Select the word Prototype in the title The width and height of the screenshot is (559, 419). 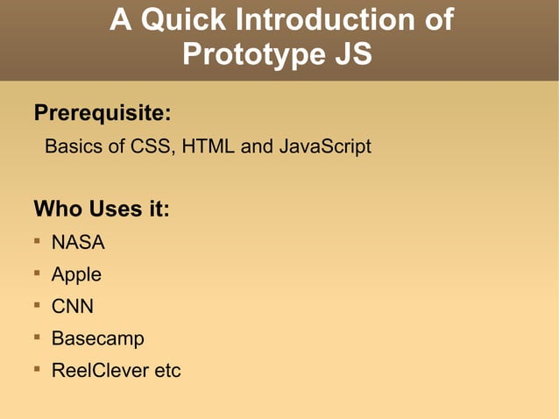[245, 54]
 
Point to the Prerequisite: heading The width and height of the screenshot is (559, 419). [102, 114]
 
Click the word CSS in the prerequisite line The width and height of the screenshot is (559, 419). [151, 146]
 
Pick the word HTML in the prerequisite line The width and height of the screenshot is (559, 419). [209, 146]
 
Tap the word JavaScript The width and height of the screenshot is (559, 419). [325, 146]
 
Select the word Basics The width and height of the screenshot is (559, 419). [73, 146]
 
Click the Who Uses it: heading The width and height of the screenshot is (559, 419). [101, 209]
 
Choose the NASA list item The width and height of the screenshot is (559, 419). [78, 243]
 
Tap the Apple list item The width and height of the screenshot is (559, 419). [76, 274]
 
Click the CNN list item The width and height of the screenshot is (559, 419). [73, 307]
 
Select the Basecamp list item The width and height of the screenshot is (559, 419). [97, 338]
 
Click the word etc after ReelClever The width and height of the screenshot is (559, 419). [167, 370]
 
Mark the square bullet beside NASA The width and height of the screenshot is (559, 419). [38, 241]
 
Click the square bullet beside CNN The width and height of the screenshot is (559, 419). [38, 305]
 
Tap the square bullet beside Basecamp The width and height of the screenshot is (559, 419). [38, 337]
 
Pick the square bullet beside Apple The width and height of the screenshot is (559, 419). [38, 273]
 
